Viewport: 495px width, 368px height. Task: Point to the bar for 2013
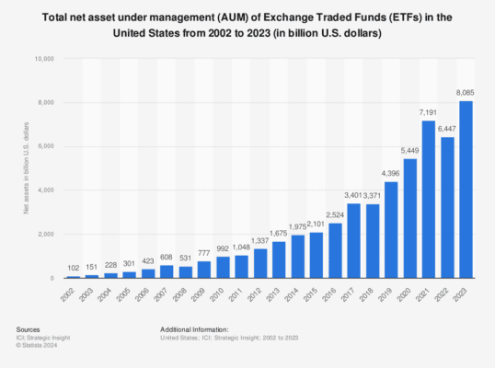[279, 247]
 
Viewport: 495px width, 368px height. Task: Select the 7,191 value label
[430, 111]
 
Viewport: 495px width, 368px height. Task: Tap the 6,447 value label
[448, 128]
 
